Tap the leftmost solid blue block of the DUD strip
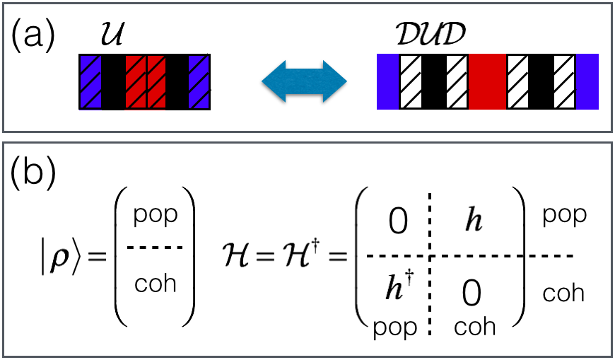(388, 81)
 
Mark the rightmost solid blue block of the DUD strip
(588, 81)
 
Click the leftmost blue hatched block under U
(90, 81)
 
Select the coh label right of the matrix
(564, 292)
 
